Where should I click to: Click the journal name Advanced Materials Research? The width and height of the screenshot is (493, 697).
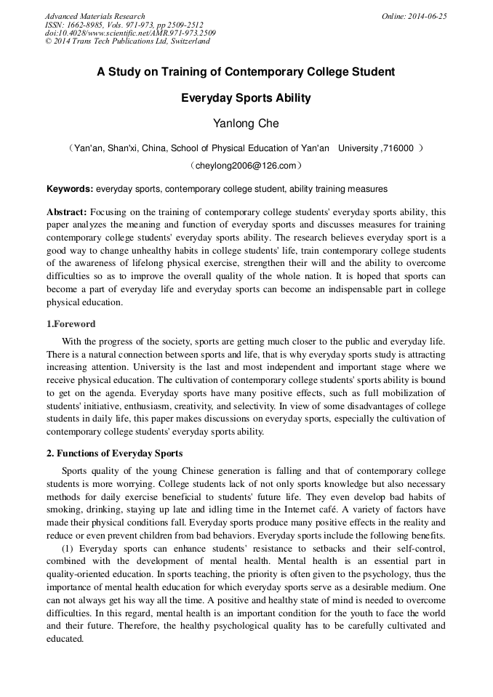(95, 16)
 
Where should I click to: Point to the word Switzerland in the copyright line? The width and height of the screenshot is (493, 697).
(188, 41)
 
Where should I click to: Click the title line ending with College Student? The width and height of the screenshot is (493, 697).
(246, 72)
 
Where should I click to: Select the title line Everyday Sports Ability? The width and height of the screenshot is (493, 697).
(246, 97)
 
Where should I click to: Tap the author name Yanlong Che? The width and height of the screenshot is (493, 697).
(246, 124)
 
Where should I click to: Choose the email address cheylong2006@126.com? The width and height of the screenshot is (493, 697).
(246, 166)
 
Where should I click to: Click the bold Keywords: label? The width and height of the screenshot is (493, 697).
(70, 189)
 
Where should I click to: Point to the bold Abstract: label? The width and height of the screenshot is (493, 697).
(68, 212)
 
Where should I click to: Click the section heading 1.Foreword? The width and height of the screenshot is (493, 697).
(71, 324)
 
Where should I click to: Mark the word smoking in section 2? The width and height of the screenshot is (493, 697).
(63, 509)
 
